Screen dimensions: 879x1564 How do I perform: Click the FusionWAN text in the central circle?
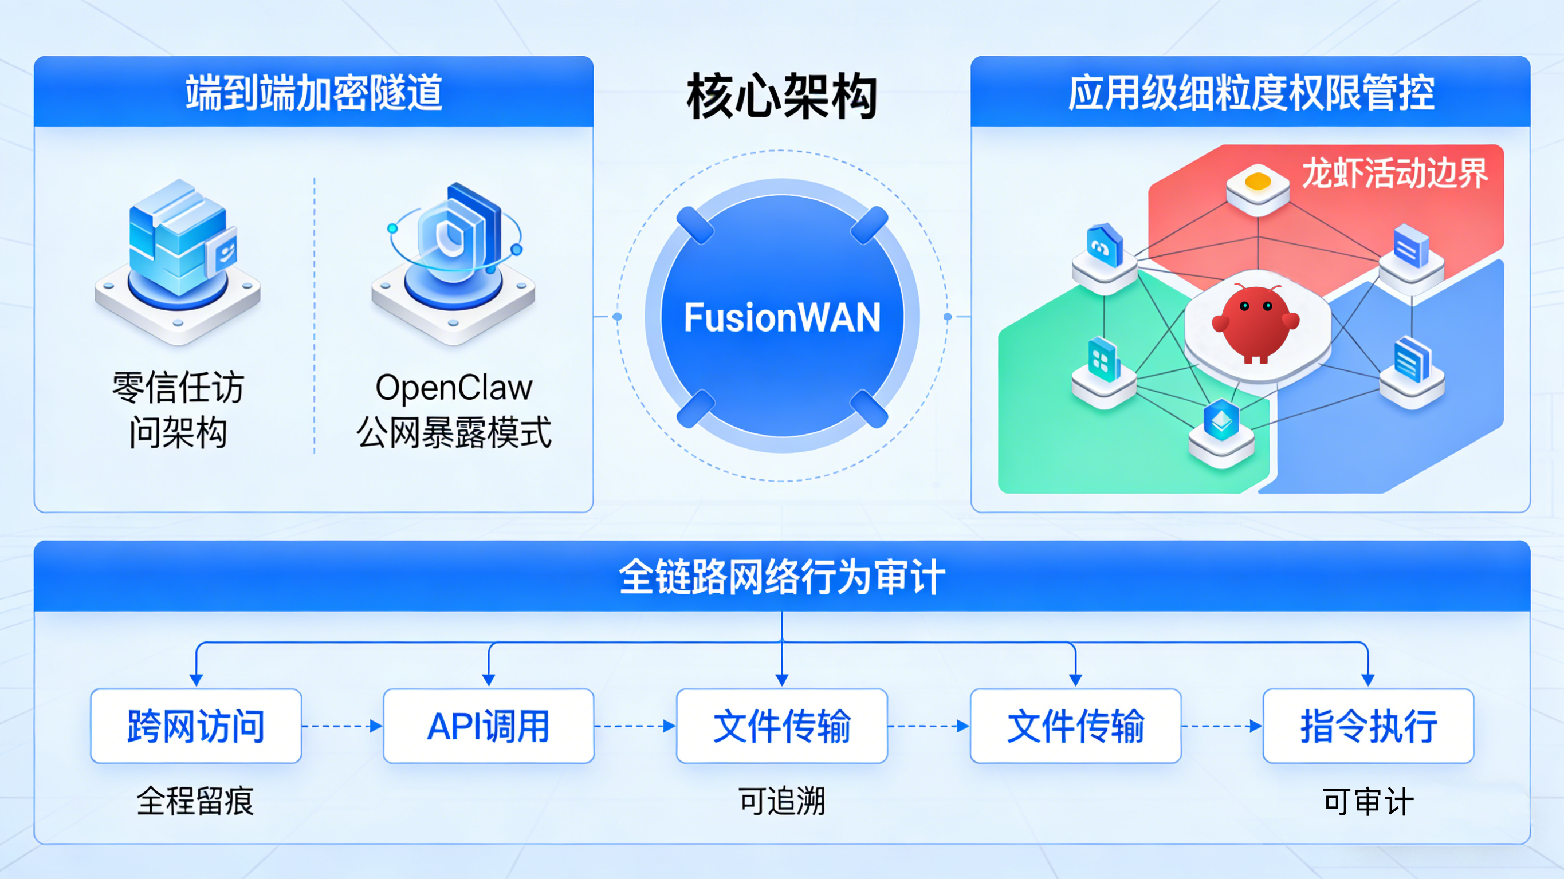tap(782, 317)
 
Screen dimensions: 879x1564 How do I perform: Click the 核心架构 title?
tap(782, 96)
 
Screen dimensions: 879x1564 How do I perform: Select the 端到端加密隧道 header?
tap(314, 93)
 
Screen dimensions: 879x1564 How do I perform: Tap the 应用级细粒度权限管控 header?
tap(1251, 93)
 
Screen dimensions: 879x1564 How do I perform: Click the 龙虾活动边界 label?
tap(1394, 174)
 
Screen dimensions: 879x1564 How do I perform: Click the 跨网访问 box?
tap(196, 726)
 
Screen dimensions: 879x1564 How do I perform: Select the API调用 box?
tap(489, 726)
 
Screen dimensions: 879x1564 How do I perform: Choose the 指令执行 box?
tap(1369, 726)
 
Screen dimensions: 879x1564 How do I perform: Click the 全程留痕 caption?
tap(195, 801)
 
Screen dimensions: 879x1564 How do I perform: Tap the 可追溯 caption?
tap(782, 801)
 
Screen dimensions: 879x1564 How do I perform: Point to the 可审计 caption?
tap(1369, 801)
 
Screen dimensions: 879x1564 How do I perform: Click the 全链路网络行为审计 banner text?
tap(782, 577)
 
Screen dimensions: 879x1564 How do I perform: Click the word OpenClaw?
tap(454, 387)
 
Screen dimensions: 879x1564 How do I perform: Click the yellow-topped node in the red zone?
tap(1258, 187)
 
